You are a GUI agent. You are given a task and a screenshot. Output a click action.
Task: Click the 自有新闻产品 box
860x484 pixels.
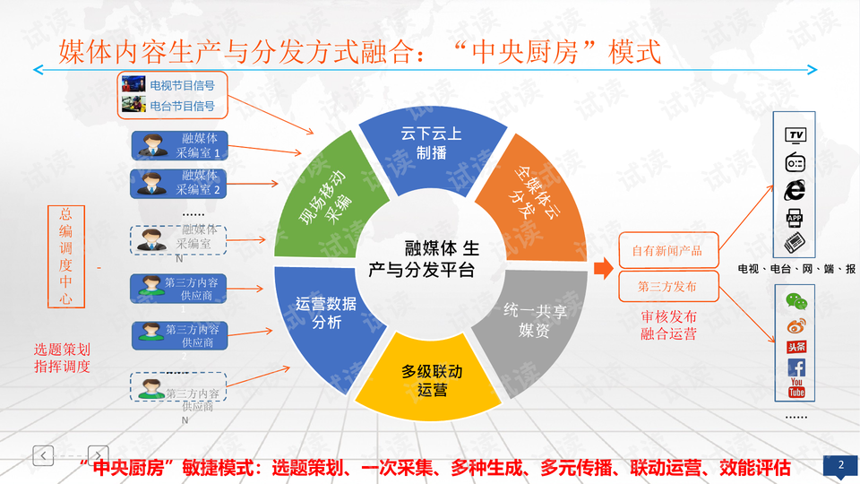pyautogui.click(x=667, y=251)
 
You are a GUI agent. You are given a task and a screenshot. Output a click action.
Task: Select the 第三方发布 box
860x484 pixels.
pyautogui.click(x=667, y=287)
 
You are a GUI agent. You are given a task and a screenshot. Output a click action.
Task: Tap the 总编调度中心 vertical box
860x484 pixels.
pyautogui.click(x=66, y=256)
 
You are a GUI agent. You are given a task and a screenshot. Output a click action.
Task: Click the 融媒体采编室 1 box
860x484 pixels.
pyautogui.click(x=178, y=146)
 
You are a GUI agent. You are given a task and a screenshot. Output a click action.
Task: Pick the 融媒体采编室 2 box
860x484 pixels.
pyautogui.click(x=178, y=183)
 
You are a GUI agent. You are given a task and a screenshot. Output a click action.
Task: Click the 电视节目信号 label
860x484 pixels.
pyautogui.click(x=182, y=86)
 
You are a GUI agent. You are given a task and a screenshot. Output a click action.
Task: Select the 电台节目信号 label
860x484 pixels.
pyautogui.click(x=182, y=106)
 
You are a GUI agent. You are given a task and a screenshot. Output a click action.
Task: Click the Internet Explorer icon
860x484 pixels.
pyautogui.click(x=795, y=190)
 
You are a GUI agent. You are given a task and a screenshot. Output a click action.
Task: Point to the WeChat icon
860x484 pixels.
pyautogui.click(x=795, y=301)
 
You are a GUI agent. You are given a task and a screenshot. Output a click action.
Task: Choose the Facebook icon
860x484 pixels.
pyautogui.click(x=796, y=367)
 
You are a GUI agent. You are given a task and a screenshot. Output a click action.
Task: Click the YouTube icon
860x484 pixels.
pyautogui.click(x=796, y=388)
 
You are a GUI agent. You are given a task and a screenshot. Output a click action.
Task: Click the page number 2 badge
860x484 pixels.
pyautogui.click(x=840, y=465)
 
